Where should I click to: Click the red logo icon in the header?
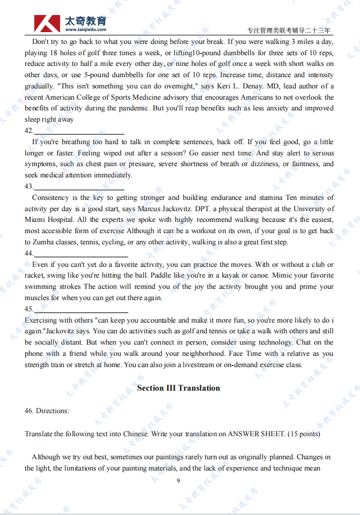[47, 23]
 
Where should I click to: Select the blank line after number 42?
[79, 133]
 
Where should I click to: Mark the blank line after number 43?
[79, 189]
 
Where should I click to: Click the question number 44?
[29, 253]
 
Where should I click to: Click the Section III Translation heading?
[178, 388]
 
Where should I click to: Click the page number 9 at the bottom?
[178, 480]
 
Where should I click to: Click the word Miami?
[35, 220]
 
